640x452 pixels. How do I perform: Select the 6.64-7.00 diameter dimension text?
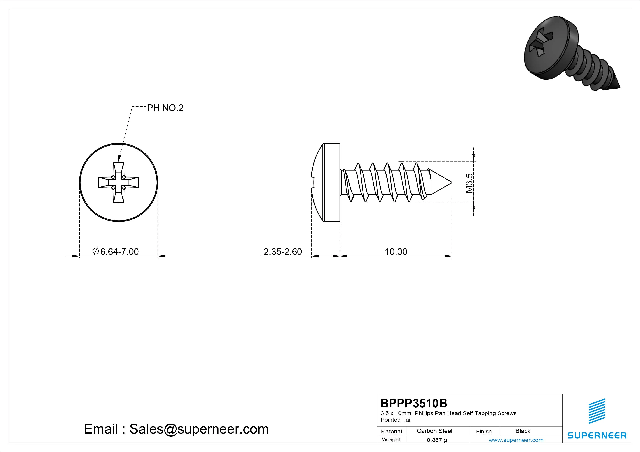coord(119,252)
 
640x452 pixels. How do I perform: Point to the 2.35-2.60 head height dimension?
coord(283,252)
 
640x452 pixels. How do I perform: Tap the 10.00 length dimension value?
coord(396,252)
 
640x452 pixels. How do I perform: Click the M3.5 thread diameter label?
coord(469,183)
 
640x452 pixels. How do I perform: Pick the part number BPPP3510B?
coord(414,403)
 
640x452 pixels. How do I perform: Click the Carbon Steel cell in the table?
coord(434,431)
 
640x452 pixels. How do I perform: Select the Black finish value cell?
coord(523,431)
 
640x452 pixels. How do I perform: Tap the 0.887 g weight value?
coord(437,440)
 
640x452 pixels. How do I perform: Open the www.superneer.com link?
coord(516,440)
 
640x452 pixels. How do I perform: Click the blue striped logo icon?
coord(597,411)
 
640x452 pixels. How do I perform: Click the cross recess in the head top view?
coord(118,182)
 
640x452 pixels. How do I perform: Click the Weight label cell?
coord(391,439)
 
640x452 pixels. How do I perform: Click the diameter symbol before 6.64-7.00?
coord(95,251)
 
